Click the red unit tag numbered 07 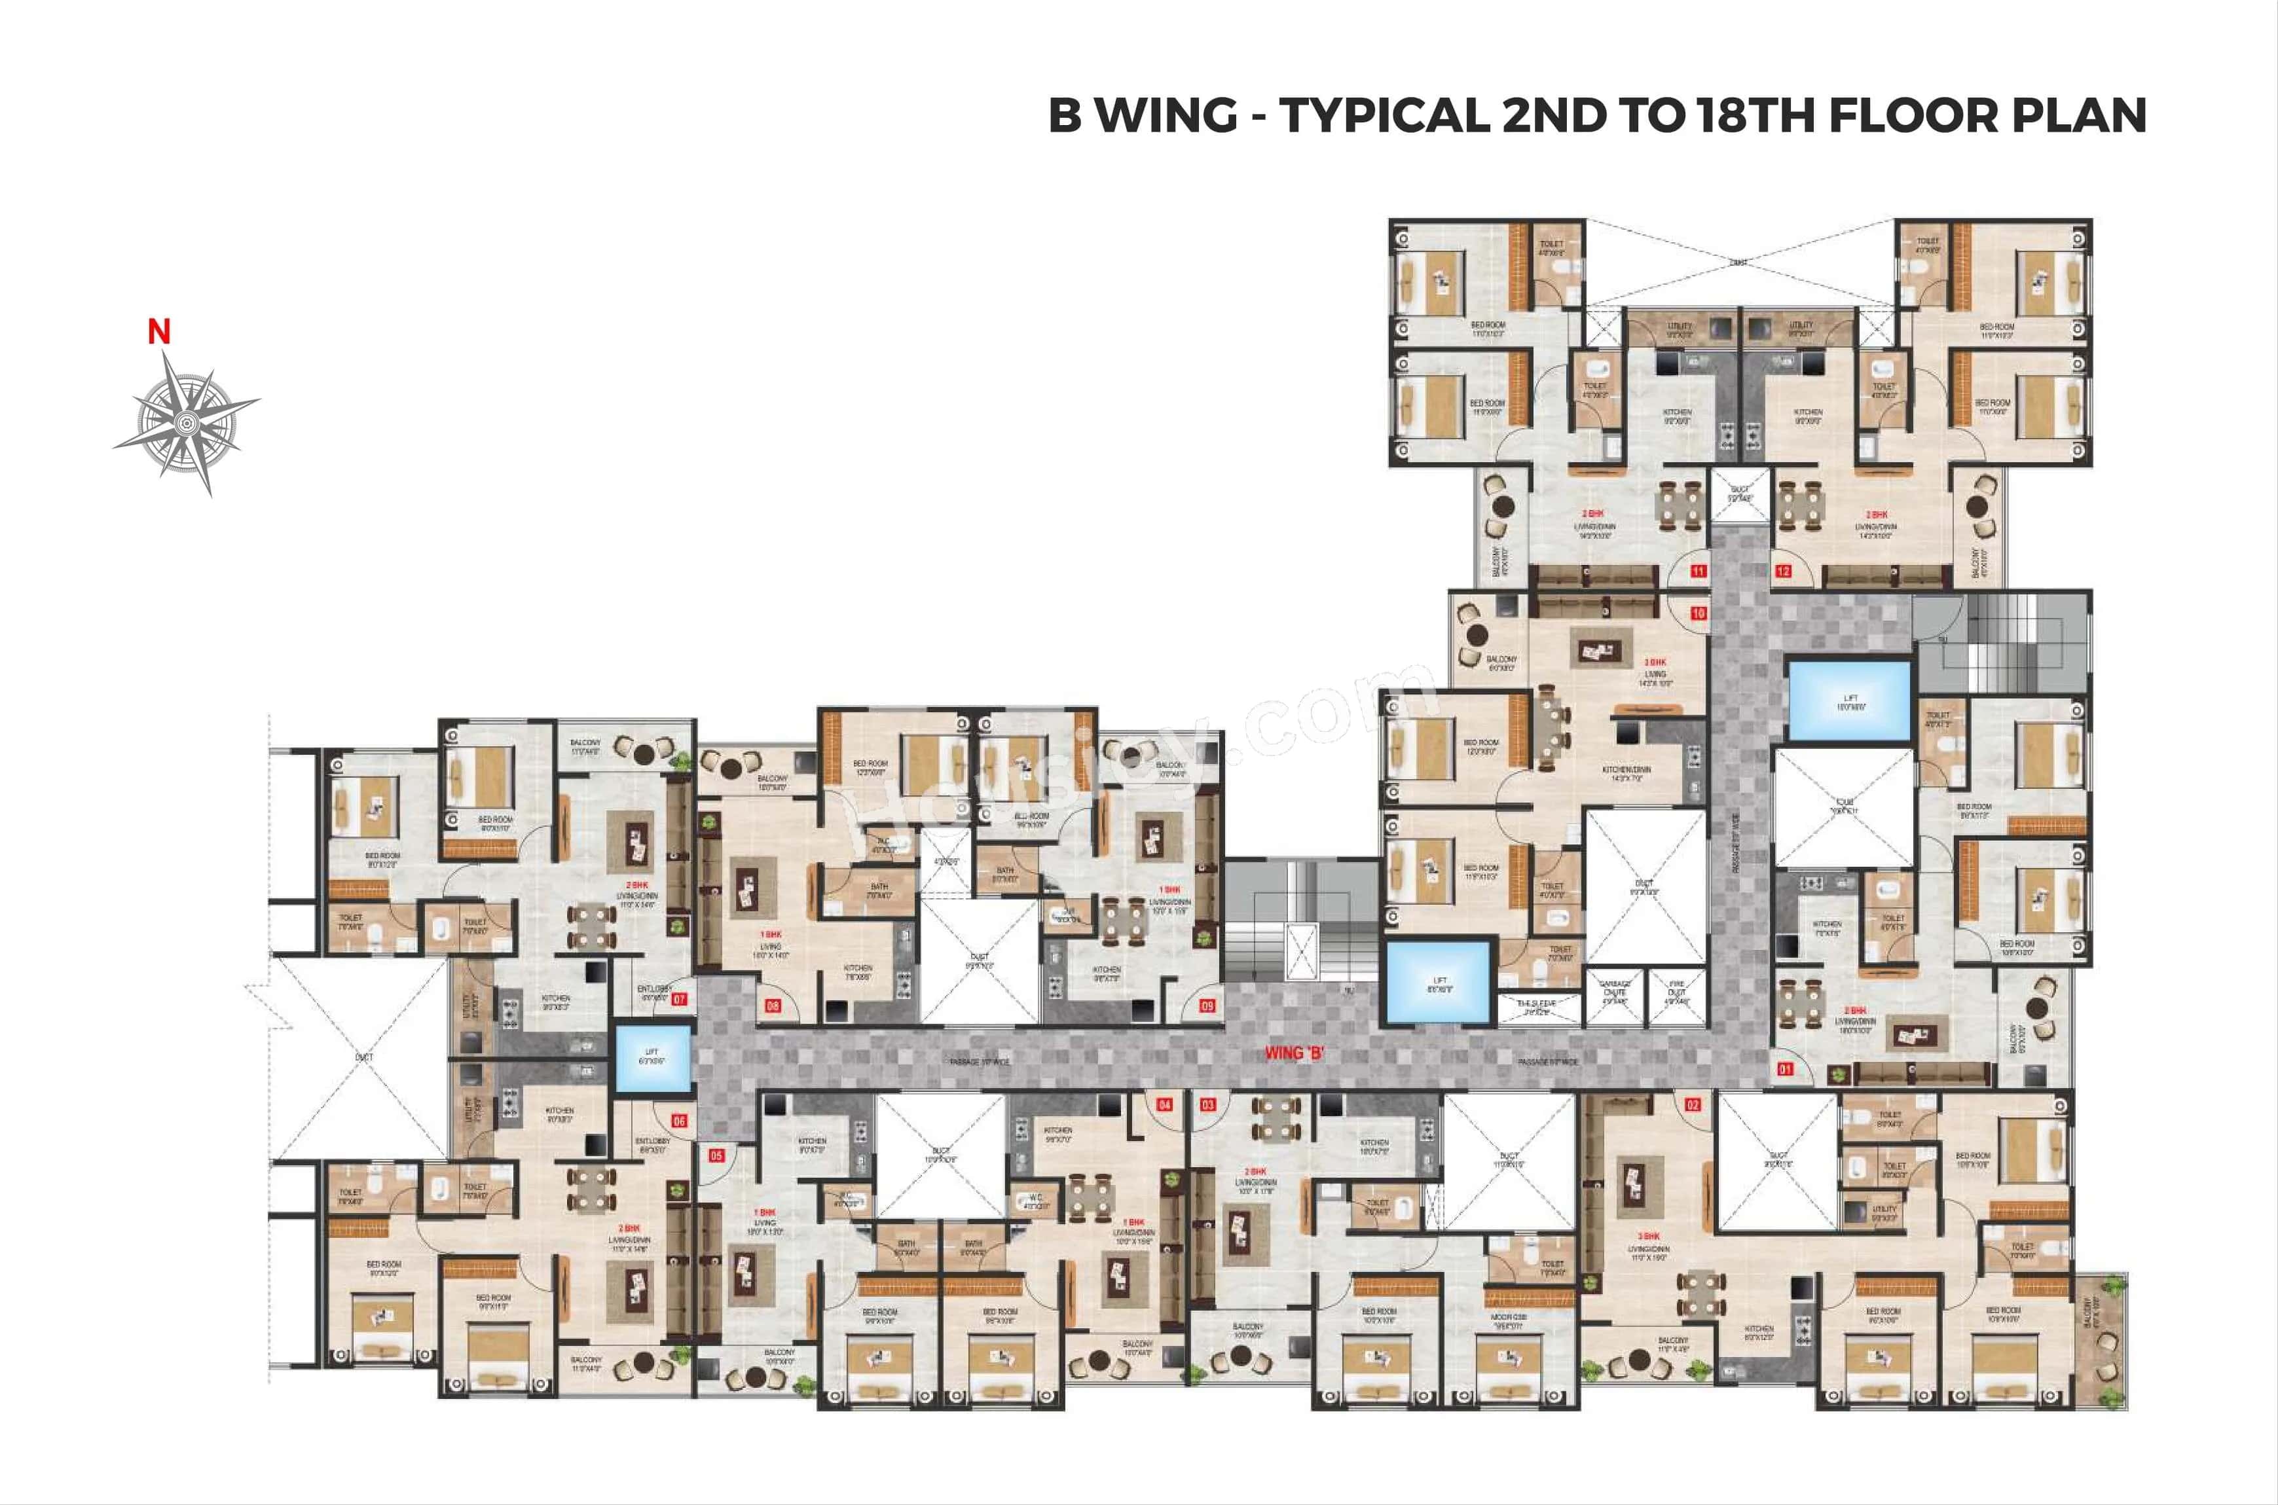[679, 999]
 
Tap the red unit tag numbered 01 [1786, 1068]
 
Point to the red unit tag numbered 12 [1783, 571]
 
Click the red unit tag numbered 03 [1207, 1105]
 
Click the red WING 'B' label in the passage [1294, 1053]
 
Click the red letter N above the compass [159, 332]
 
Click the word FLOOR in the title [1912, 115]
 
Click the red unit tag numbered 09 [1207, 1006]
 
